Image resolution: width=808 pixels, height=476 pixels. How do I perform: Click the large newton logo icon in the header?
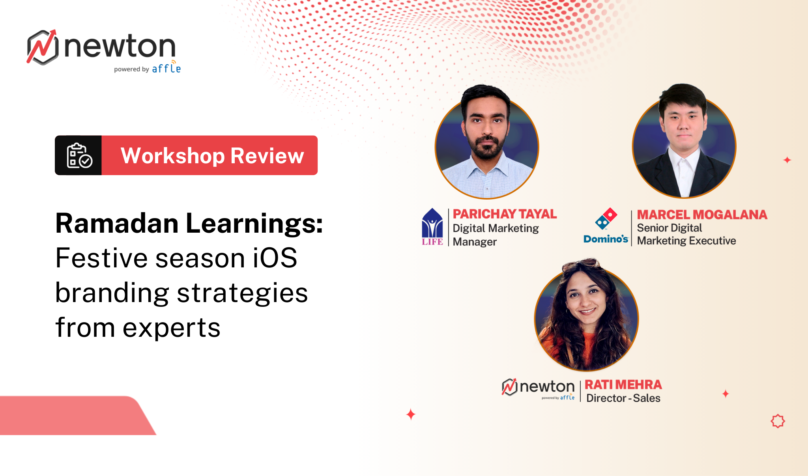[x=43, y=47]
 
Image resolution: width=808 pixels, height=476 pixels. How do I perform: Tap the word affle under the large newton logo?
[x=166, y=69]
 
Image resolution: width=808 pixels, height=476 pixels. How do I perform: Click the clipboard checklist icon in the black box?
[x=79, y=156]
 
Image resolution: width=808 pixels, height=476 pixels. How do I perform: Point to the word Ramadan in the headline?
[x=117, y=224]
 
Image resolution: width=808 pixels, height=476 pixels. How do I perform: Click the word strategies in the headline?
[x=242, y=293]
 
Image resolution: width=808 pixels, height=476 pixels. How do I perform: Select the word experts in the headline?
[x=171, y=328]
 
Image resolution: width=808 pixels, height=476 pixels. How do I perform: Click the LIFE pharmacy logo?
[x=432, y=227]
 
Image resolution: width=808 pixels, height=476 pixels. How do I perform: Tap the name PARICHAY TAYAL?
[x=505, y=214]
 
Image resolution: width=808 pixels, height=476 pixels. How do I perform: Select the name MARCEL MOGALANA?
[x=702, y=215]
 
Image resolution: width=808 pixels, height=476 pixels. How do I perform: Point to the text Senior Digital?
[x=669, y=228]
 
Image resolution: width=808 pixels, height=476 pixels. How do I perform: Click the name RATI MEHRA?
[x=623, y=385]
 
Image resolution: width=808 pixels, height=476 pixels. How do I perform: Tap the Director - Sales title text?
[x=623, y=398]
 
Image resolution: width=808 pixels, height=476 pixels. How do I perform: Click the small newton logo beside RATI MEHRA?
[x=538, y=388]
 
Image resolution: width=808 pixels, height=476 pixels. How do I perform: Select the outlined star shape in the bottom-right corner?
[x=778, y=421]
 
